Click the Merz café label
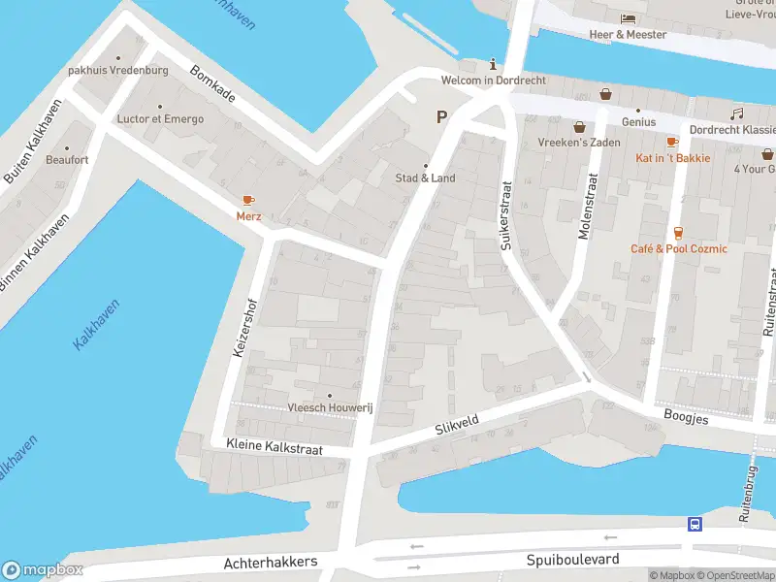[248, 216]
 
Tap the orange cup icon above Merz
[248, 200]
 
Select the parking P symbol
[441, 117]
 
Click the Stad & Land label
[425, 178]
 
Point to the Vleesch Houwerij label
[329, 408]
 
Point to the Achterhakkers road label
[271, 563]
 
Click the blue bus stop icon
[695, 525]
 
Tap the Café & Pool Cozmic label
[678, 249]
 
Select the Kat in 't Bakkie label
[672, 158]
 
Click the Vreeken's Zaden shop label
[579, 142]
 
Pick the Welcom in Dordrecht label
[493, 81]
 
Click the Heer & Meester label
[628, 35]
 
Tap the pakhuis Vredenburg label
[118, 71]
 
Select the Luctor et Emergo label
[160, 119]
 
